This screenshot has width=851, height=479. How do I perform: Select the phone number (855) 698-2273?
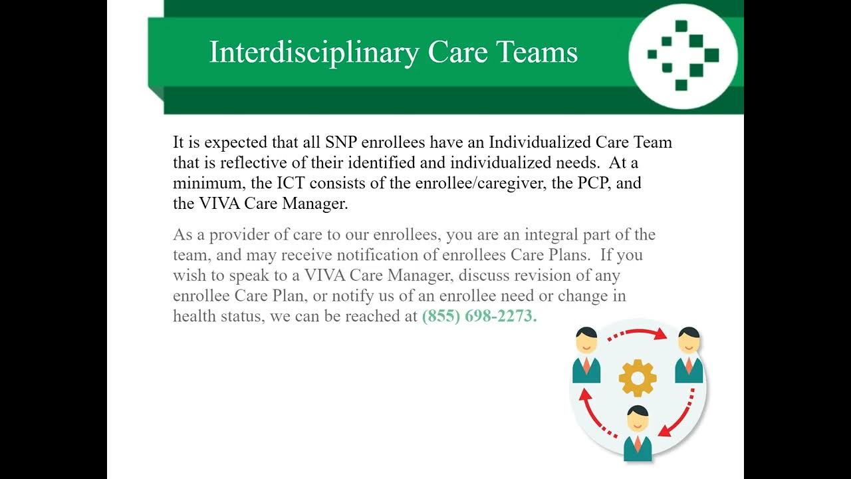(479, 316)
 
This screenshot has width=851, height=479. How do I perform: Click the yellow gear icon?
(638, 378)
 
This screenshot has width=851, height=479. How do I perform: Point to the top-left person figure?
(586, 355)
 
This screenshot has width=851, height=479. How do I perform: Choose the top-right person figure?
(689, 355)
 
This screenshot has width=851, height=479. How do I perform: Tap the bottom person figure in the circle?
(638, 433)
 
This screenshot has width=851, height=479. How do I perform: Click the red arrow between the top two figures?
(637, 332)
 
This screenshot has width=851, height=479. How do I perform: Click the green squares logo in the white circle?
(683, 55)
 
